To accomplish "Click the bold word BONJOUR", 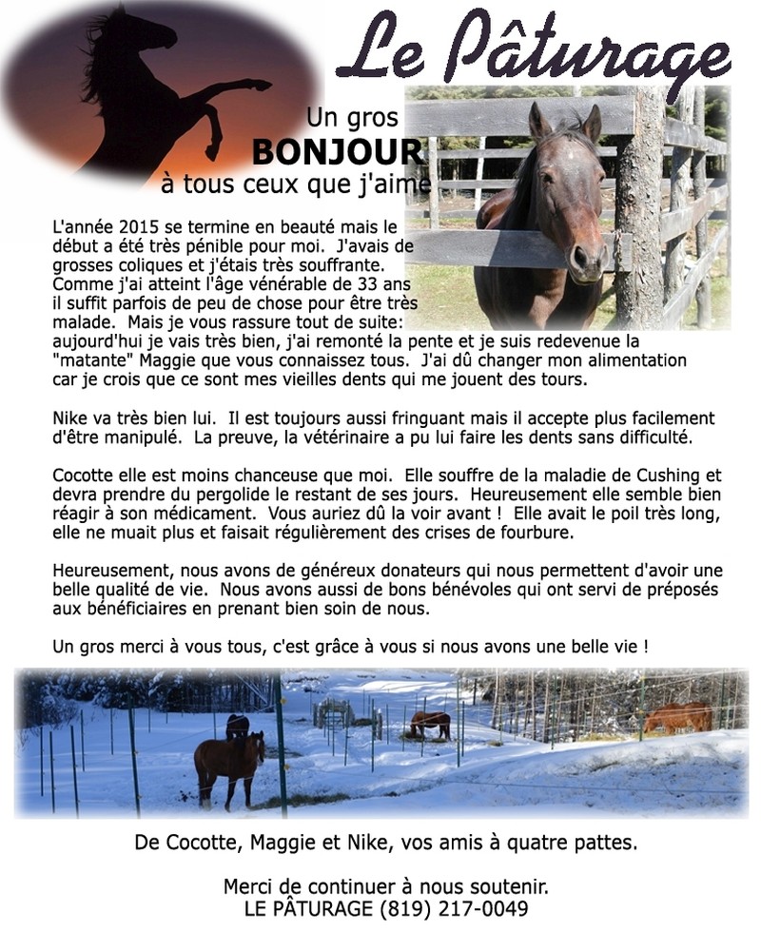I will tap(338, 151).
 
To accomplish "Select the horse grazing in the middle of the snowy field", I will tap(430, 725).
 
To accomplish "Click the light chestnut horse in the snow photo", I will tap(677, 717).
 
